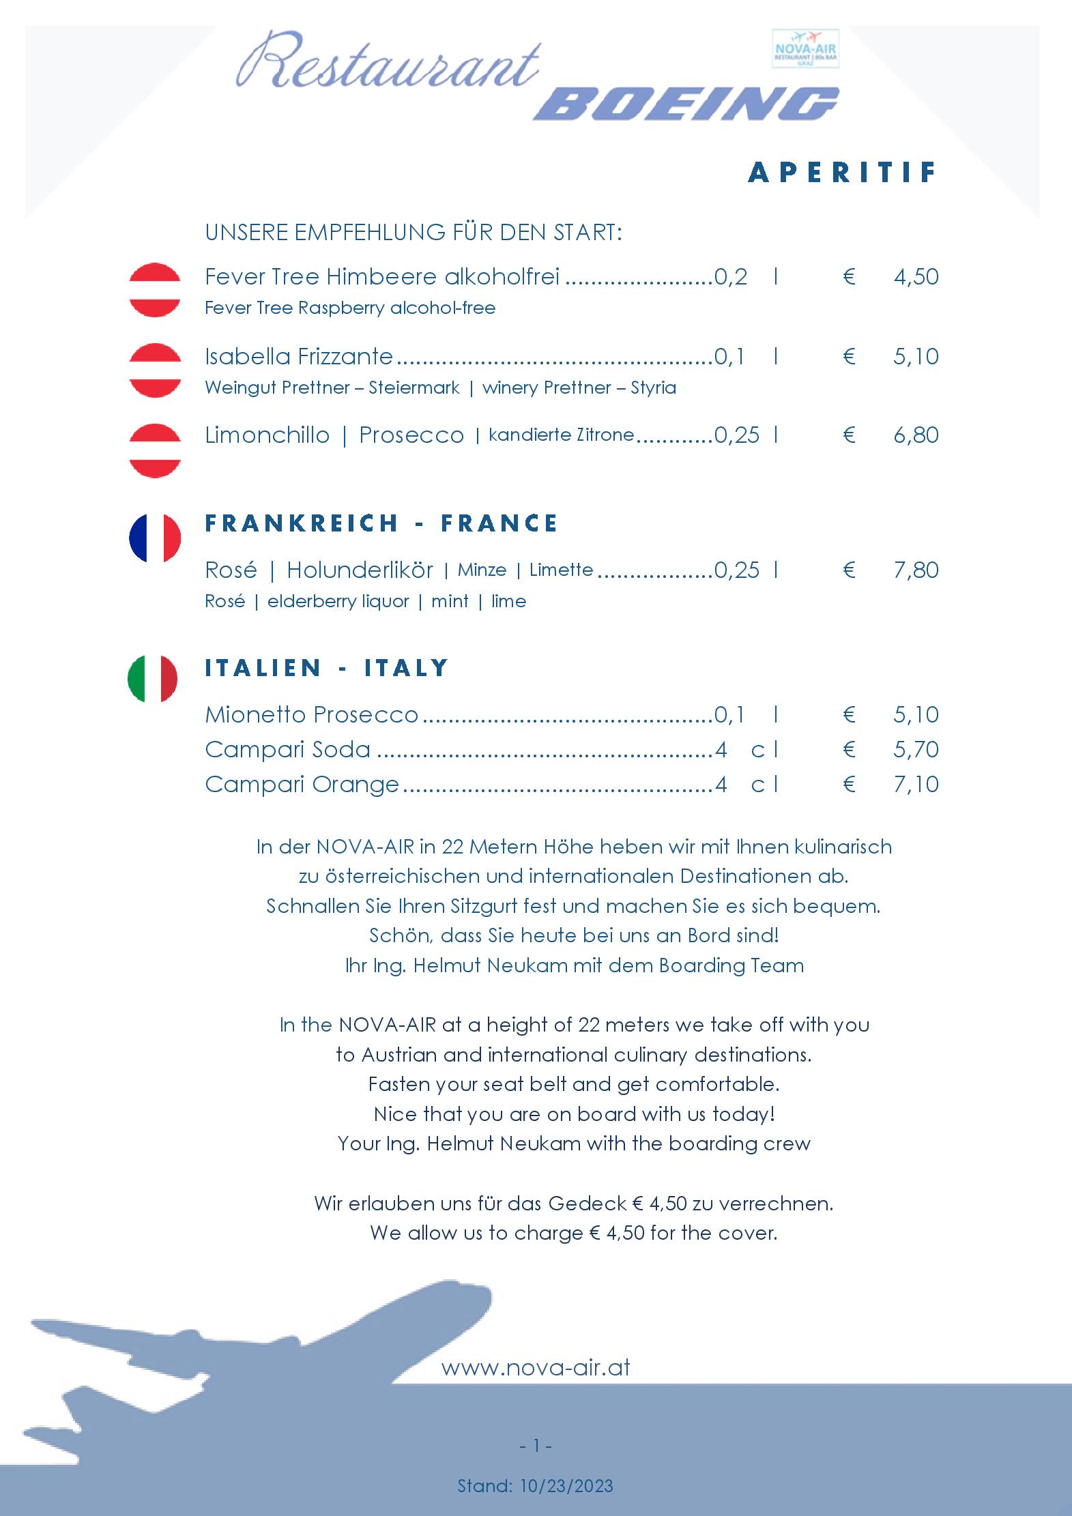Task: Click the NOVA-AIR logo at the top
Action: (x=805, y=48)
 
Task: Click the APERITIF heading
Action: (x=843, y=173)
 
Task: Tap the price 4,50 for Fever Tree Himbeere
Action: (x=916, y=277)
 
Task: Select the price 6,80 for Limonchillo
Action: (x=916, y=435)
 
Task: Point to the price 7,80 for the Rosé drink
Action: (x=916, y=570)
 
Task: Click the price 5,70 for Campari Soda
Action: (x=916, y=750)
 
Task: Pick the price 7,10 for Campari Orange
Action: (x=916, y=785)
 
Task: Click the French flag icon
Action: (x=155, y=538)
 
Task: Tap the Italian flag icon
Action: (x=153, y=678)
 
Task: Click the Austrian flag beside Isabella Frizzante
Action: (x=155, y=370)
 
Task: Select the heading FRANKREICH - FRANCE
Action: (x=381, y=523)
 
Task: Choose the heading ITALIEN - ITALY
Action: (x=327, y=667)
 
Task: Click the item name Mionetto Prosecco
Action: (x=311, y=715)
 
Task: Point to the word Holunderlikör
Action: (x=360, y=570)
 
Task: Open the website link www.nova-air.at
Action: (x=536, y=1367)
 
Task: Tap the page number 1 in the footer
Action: (x=536, y=1445)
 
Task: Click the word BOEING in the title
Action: (x=686, y=104)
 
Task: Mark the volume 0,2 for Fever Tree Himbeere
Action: (x=731, y=277)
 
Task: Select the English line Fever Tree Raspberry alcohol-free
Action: (x=350, y=308)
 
